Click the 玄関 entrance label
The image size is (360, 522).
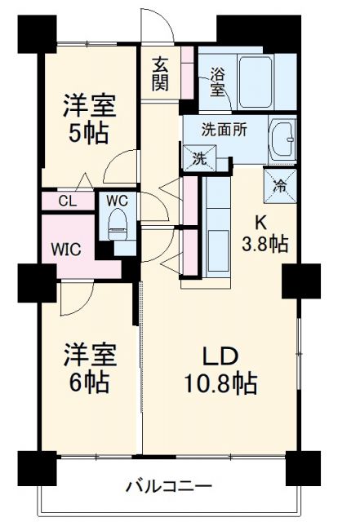click(161, 73)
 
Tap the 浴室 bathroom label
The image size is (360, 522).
click(218, 82)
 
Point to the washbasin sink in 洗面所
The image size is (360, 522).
click(285, 139)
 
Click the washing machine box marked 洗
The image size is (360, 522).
click(200, 158)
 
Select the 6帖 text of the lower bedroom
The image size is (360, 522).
click(91, 380)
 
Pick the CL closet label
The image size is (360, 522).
click(68, 200)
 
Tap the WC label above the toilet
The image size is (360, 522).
click(116, 200)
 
